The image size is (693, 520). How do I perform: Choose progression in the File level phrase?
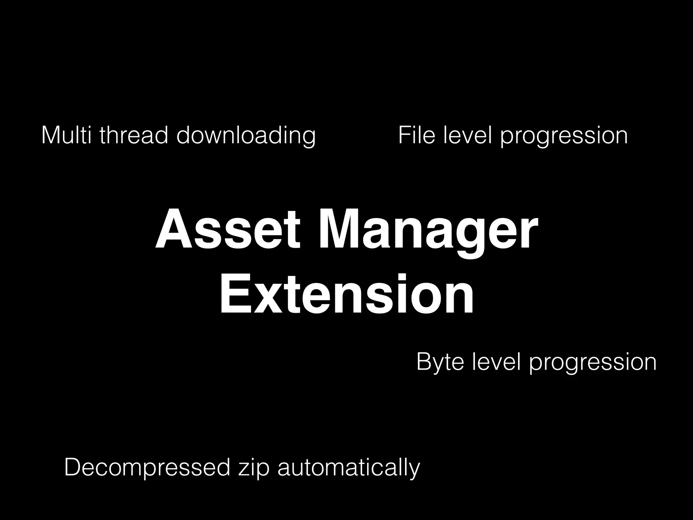pyautogui.click(x=564, y=137)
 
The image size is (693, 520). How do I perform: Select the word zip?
pyautogui.click(x=254, y=469)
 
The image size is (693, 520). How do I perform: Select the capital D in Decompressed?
pyautogui.click(x=73, y=467)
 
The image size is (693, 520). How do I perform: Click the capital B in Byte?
pyautogui.click(x=424, y=362)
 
